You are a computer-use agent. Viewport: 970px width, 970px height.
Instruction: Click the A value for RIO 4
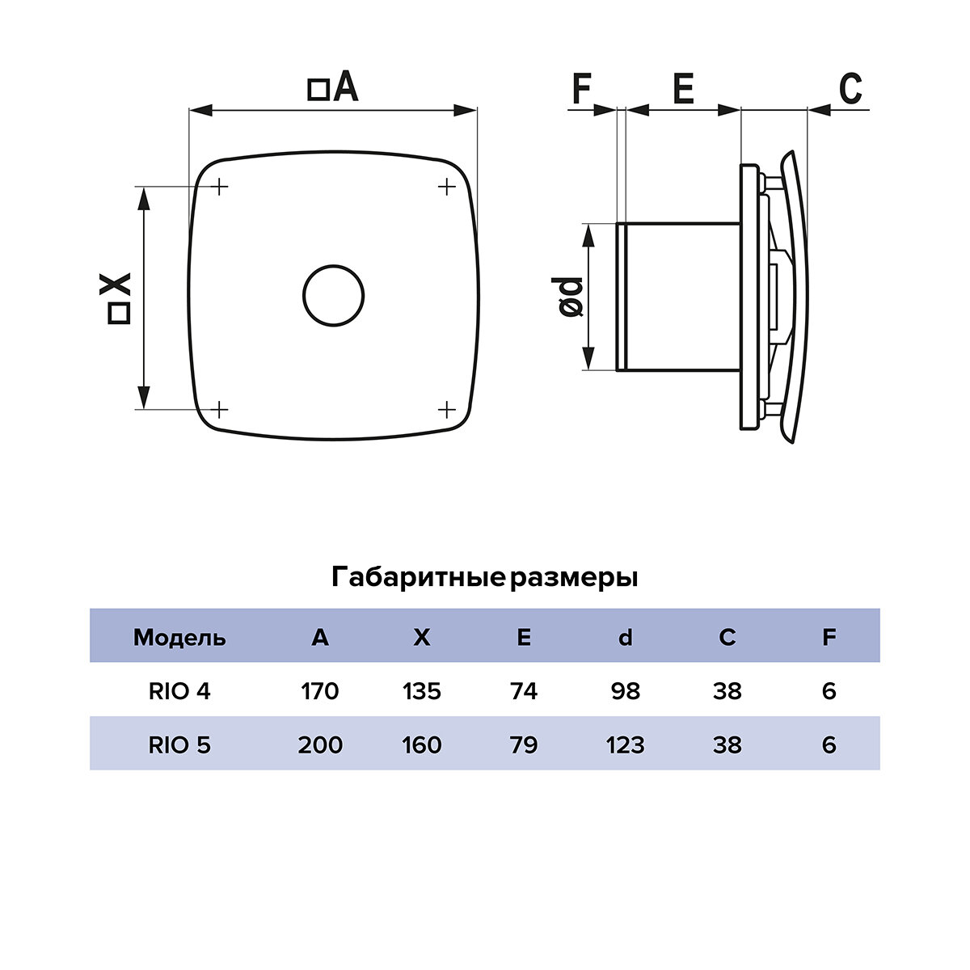pos(320,691)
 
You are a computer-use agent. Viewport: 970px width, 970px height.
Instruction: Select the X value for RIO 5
pos(422,744)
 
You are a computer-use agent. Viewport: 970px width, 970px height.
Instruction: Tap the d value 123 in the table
pos(626,744)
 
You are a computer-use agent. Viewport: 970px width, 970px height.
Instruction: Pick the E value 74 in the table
pos(524,691)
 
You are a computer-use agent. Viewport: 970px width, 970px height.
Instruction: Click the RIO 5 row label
pos(179,744)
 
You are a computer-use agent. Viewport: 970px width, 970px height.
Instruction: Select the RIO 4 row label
pos(179,691)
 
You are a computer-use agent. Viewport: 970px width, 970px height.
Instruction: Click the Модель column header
pos(179,638)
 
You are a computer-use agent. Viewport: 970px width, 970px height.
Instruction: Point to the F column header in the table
pos(829,638)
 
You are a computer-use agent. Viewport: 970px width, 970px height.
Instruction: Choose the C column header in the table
pos(727,638)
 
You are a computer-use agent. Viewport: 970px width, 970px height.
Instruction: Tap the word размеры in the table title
pos(575,578)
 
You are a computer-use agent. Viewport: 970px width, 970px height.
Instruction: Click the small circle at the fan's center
pos(333,296)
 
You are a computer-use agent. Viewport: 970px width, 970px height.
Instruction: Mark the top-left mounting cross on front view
pos(221,187)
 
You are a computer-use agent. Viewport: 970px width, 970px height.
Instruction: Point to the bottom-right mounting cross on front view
pos(446,408)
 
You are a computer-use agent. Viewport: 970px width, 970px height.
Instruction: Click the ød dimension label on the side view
pos(569,297)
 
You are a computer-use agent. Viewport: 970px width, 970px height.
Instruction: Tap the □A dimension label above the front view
pos(333,87)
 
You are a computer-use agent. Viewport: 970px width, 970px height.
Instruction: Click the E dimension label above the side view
pos(683,88)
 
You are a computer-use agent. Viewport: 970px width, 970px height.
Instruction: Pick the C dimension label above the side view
pos(851,88)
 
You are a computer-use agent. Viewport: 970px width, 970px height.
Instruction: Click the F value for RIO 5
pos(829,744)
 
